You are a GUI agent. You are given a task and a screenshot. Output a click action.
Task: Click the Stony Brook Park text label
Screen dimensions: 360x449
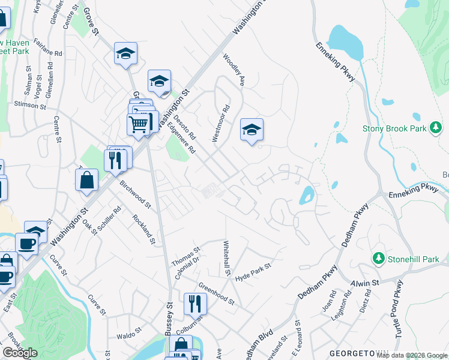[x=394, y=128]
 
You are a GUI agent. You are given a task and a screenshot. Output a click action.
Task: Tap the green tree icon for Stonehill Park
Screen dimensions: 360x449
[x=379, y=259]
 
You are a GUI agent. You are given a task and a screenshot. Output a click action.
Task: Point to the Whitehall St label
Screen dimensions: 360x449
[x=227, y=259]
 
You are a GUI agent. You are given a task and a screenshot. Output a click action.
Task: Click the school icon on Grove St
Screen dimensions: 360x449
[x=125, y=53]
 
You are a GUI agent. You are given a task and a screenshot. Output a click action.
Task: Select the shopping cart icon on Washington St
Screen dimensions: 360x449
[x=139, y=124]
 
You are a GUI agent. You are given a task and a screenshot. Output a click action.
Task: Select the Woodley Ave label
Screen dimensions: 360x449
[x=235, y=70]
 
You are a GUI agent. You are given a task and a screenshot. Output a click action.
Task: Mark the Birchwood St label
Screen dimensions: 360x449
[x=136, y=196]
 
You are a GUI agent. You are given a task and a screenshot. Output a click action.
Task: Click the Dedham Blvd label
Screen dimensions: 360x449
[x=261, y=342]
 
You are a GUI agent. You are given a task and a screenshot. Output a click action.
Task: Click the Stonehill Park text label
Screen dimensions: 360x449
[x=414, y=259]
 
